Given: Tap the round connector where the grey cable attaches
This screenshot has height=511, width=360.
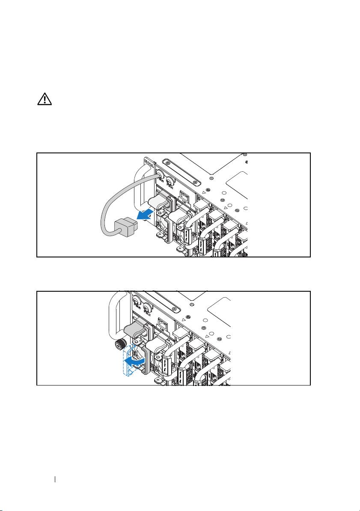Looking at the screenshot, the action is click(160, 175).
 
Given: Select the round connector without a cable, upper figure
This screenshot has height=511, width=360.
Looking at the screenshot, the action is click(170, 184).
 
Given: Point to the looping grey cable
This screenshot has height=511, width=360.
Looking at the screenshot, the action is click(112, 201).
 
